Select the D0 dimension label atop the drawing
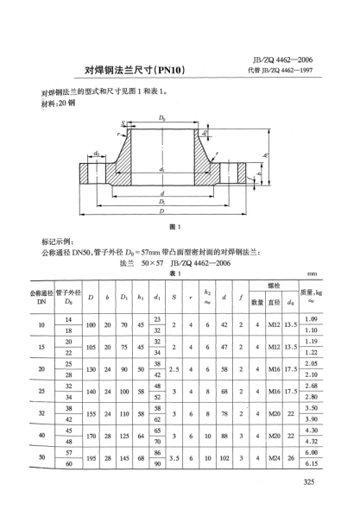tap(161, 114)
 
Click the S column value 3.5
tap(175, 458)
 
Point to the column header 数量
tap(256, 301)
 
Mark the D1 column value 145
tap(126, 458)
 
